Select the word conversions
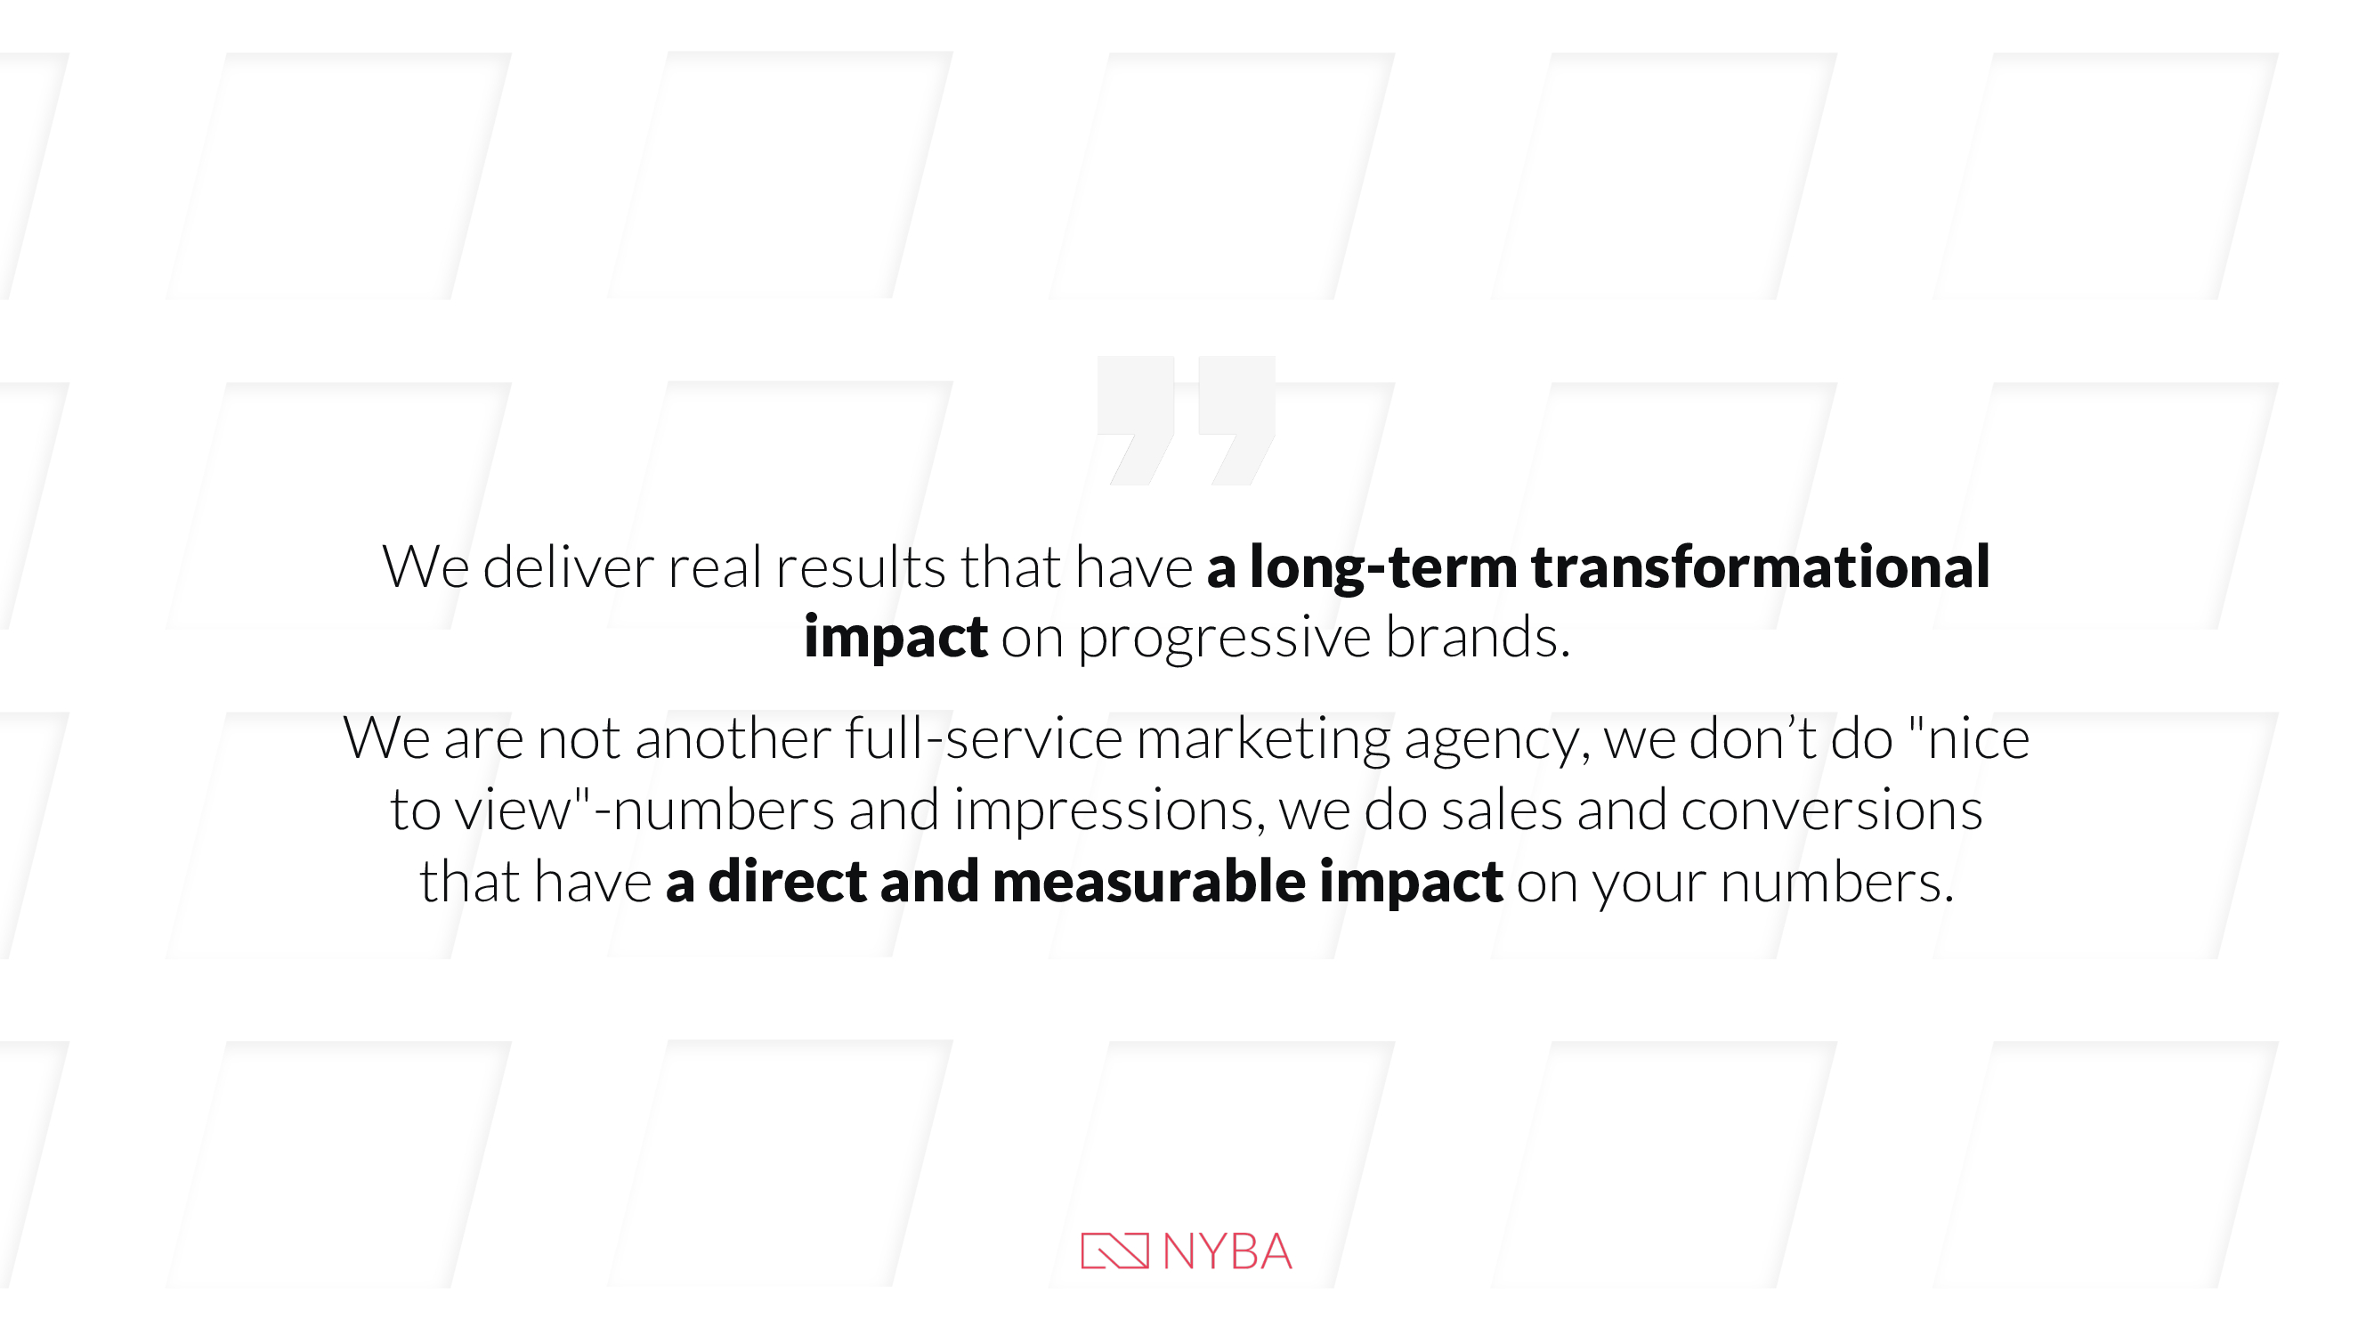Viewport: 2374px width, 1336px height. [x=1831, y=810]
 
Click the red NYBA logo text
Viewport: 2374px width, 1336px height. [x=1228, y=1251]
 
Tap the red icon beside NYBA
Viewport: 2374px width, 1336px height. [x=1115, y=1251]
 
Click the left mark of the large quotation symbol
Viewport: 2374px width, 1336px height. [x=1136, y=420]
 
